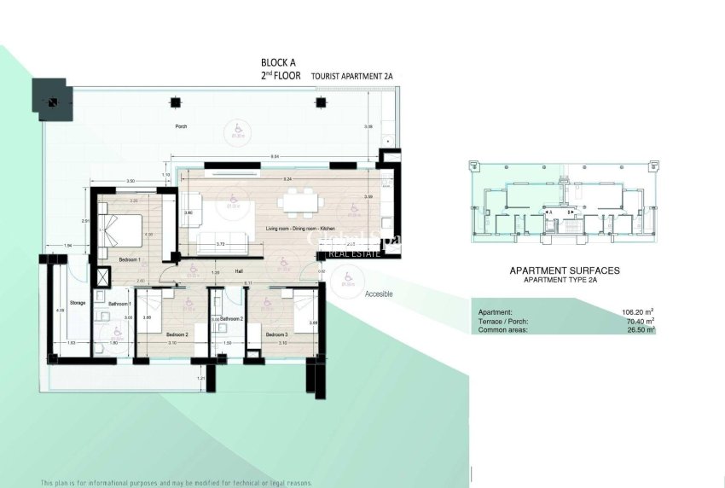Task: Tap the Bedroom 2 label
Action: [177, 334]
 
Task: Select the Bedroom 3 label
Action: [275, 334]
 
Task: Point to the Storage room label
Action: [78, 302]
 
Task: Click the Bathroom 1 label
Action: [118, 304]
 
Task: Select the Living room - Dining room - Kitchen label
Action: [301, 229]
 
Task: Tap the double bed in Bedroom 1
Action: [122, 231]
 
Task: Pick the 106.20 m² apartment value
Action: [639, 312]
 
